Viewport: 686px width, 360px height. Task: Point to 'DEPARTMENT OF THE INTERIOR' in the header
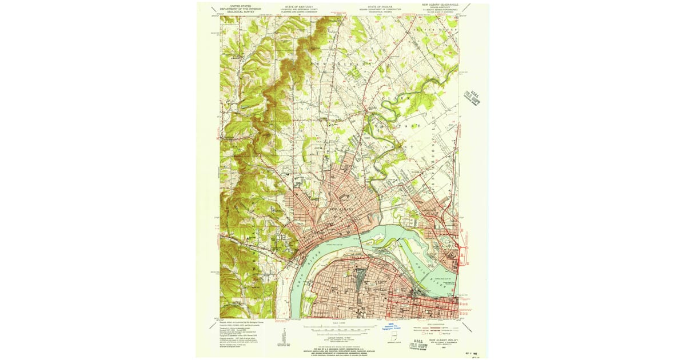pos(241,8)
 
